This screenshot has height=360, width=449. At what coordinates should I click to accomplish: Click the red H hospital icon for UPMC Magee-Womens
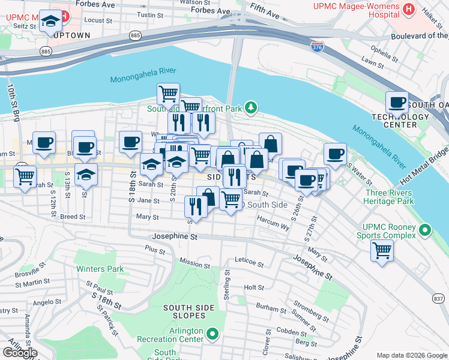tap(409, 9)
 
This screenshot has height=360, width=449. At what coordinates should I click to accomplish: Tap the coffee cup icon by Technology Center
tap(396, 102)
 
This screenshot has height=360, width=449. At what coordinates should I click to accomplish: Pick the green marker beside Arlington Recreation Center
tap(212, 333)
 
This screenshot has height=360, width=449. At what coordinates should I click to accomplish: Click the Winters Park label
tap(100, 269)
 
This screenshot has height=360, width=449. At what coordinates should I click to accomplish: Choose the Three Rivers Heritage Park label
tap(388, 197)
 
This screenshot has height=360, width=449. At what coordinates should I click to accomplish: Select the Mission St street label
tap(194, 263)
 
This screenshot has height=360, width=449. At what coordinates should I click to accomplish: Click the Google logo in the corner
tap(21, 353)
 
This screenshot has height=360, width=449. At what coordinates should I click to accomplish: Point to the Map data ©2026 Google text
tap(411, 355)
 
